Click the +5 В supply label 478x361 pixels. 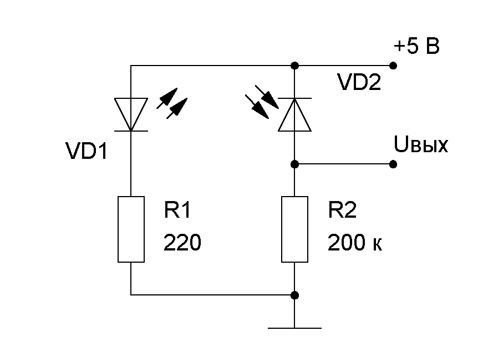416,47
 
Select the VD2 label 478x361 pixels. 359,83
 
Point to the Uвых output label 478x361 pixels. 420,146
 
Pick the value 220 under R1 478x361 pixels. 181,243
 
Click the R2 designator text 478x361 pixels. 343,211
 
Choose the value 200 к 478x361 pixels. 355,243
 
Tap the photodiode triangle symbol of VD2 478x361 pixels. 294,114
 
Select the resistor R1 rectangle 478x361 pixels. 131,229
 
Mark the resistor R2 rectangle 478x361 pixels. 294,229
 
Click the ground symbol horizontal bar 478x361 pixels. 294,328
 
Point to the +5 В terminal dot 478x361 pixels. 393,66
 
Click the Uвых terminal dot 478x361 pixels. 393,164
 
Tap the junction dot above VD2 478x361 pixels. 294,66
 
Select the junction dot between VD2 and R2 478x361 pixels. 294,164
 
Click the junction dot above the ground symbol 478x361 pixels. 294,295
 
